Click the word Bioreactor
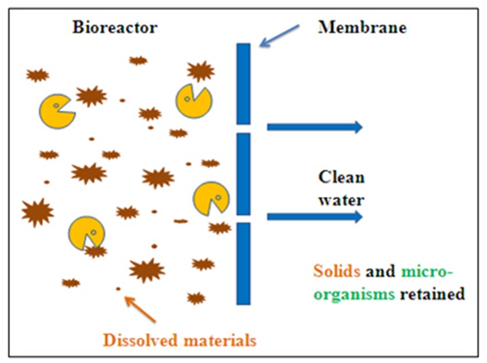115,27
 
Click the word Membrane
362,27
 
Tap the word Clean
341,177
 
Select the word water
341,200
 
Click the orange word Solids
336,271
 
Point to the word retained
432,294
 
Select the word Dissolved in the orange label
140,340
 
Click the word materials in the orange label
220,341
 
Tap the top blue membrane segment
243,84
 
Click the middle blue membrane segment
243,174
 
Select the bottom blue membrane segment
243,264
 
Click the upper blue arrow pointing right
315,126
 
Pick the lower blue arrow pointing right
315,217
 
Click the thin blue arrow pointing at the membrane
279,35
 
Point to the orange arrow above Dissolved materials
140,309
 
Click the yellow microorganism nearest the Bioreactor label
57,111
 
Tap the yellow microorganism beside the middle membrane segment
211,199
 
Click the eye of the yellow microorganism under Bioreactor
56,105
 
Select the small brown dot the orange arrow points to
118,289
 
